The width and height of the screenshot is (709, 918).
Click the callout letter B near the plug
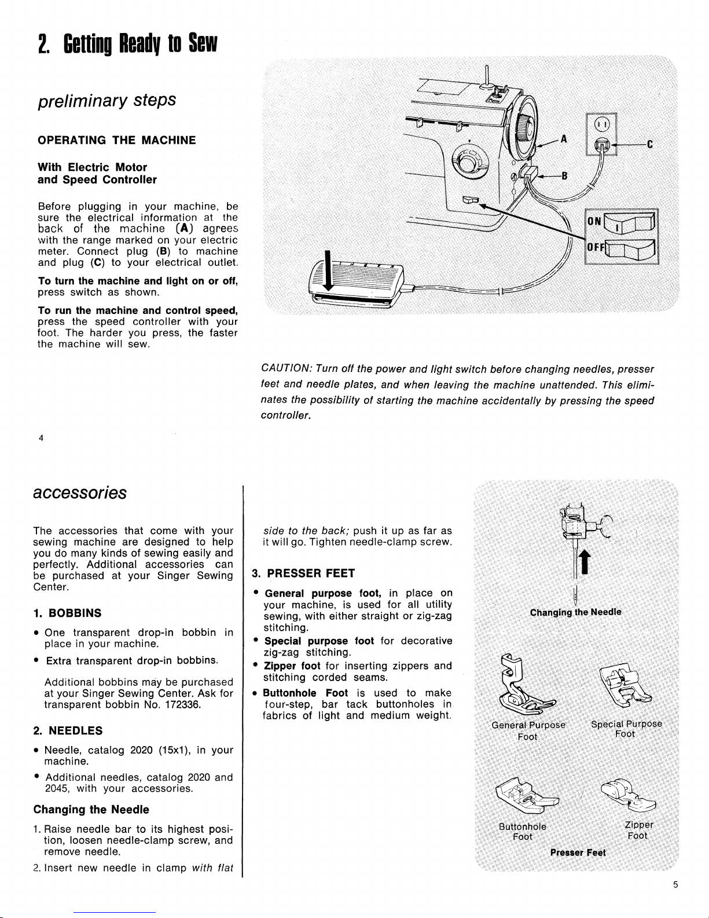coord(564,177)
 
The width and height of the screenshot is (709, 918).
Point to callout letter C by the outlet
coord(650,145)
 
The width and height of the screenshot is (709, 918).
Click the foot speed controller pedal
coord(357,284)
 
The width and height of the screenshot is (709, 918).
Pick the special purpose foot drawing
coord(624,686)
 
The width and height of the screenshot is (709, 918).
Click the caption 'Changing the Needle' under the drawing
coord(576,612)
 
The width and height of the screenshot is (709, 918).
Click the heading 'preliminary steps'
coord(106,101)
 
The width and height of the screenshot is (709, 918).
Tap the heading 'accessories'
coord(80,492)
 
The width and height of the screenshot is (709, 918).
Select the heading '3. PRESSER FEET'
coord(303,574)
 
